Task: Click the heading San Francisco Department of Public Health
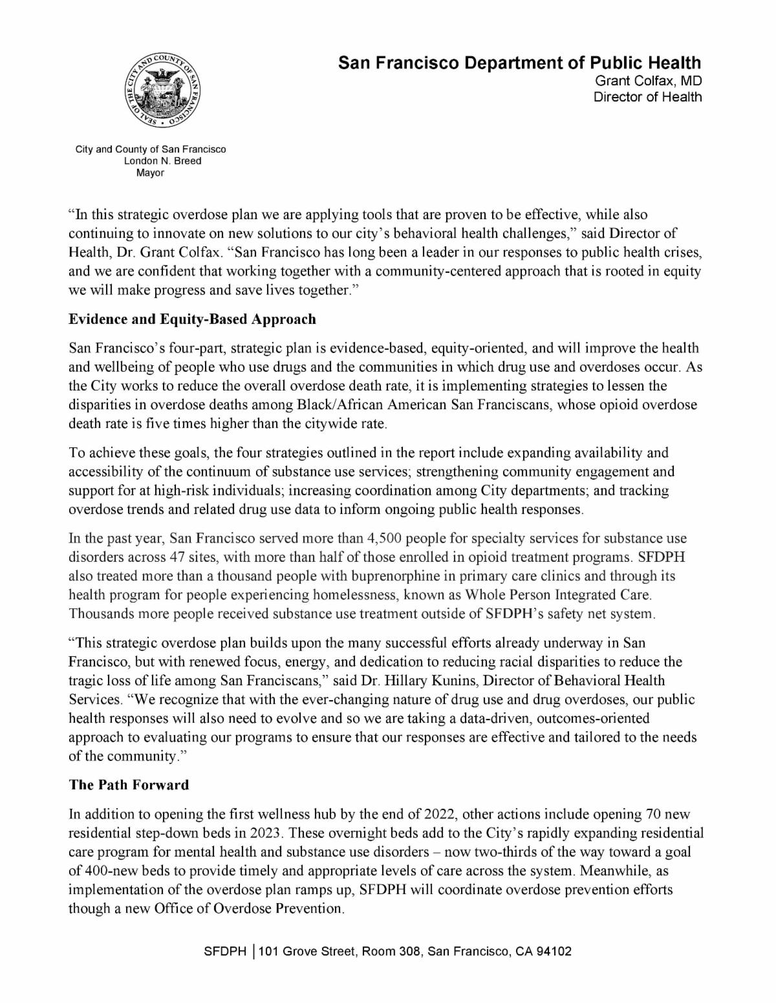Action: (x=520, y=63)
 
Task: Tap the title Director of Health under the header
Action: (x=647, y=97)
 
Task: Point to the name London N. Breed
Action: (x=162, y=161)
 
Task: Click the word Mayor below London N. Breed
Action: (x=150, y=173)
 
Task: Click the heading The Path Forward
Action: (x=129, y=785)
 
